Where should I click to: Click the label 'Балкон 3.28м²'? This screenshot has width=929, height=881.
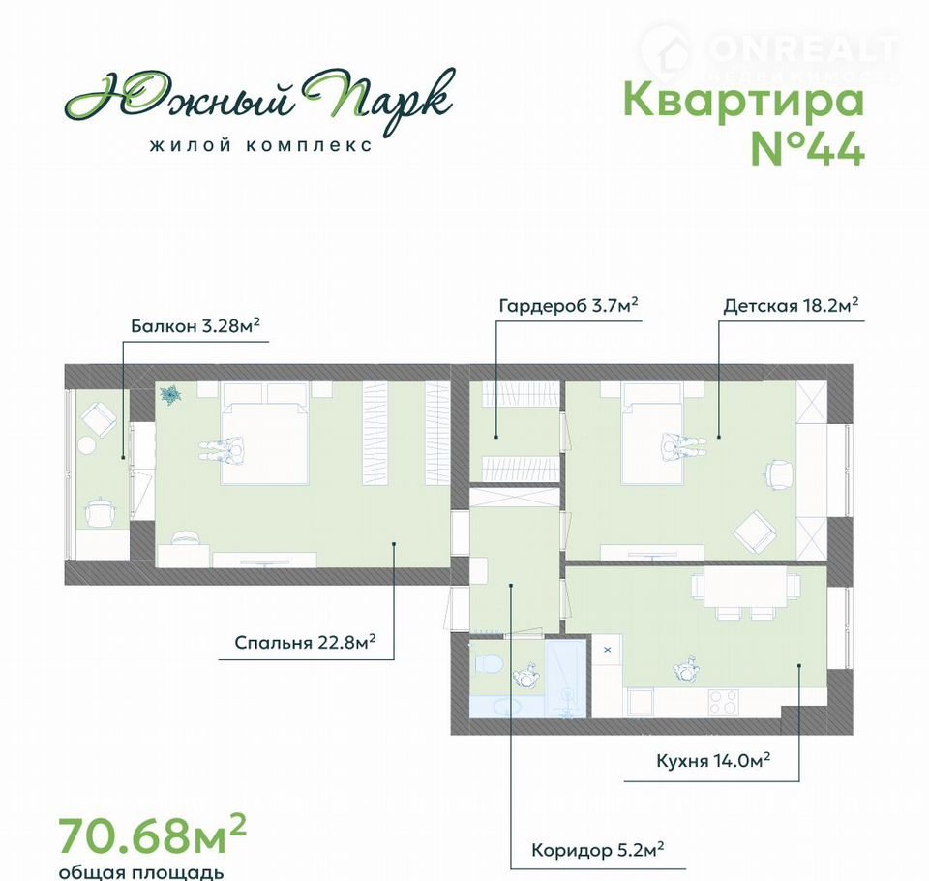click(x=195, y=325)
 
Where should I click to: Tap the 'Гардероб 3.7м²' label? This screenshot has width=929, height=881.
click(x=569, y=305)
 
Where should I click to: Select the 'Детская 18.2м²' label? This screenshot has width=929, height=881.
click(x=791, y=305)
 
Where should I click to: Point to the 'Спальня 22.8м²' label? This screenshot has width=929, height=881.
click(x=305, y=642)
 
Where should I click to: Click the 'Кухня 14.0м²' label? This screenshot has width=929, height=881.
click(x=713, y=760)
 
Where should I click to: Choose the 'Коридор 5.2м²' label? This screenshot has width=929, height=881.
click(x=597, y=850)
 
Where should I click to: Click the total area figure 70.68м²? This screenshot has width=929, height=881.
click(x=152, y=835)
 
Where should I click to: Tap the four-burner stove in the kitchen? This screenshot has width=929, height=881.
click(x=724, y=703)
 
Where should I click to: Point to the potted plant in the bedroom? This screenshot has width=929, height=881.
click(x=171, y=394)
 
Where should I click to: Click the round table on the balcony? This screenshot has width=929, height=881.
click(x=89, y=446)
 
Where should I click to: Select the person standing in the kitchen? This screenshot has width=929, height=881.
click(x=687, y=668)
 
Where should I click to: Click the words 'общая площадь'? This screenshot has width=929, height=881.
click(x=141, y=872)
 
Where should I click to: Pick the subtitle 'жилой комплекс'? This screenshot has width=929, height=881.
click(x=261, y=145)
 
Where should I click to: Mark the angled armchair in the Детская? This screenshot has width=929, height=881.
click(x=754, y=532)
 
